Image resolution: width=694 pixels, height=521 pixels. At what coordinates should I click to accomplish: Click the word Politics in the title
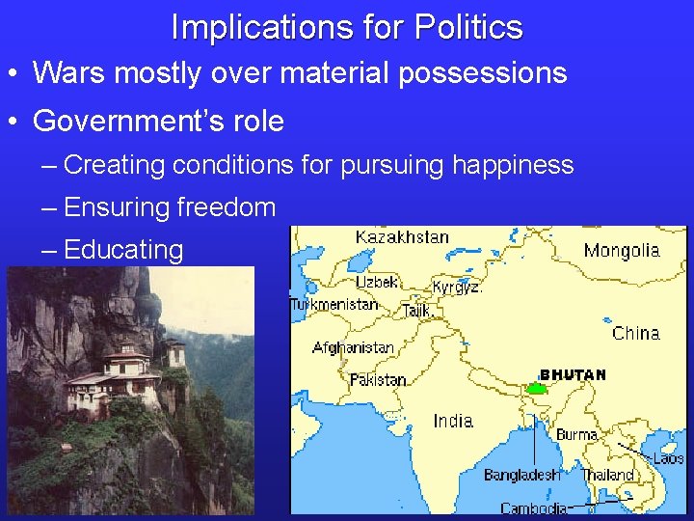pos(468,27)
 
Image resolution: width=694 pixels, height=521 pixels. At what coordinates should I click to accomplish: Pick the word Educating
pos(123,250)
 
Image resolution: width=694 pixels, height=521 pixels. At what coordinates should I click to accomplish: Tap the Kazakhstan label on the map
pos(402,237)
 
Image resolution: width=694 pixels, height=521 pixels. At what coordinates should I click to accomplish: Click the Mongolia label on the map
pos(622,251)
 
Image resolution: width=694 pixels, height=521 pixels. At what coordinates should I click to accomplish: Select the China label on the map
pos(636,334)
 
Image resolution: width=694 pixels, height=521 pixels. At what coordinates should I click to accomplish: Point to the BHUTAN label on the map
pos(573,374)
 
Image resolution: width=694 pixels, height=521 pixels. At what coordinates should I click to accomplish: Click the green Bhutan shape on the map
pos(537,389)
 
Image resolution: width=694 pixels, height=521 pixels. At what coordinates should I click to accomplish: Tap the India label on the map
pos(453,421)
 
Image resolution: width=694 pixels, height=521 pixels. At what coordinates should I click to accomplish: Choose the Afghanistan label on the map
pos(353,347)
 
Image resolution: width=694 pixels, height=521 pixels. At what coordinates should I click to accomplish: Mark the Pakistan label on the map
pos(378,380)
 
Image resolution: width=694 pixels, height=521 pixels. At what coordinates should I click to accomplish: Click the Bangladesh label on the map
pos(521,475)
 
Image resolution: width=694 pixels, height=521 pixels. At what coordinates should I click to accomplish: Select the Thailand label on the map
pos(609,475)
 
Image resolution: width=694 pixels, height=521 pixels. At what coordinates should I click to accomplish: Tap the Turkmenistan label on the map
pos(334,304)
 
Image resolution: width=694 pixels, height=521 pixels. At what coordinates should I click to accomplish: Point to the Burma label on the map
pos(577,435)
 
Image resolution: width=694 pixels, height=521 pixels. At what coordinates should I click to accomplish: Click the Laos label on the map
pos(668,459)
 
